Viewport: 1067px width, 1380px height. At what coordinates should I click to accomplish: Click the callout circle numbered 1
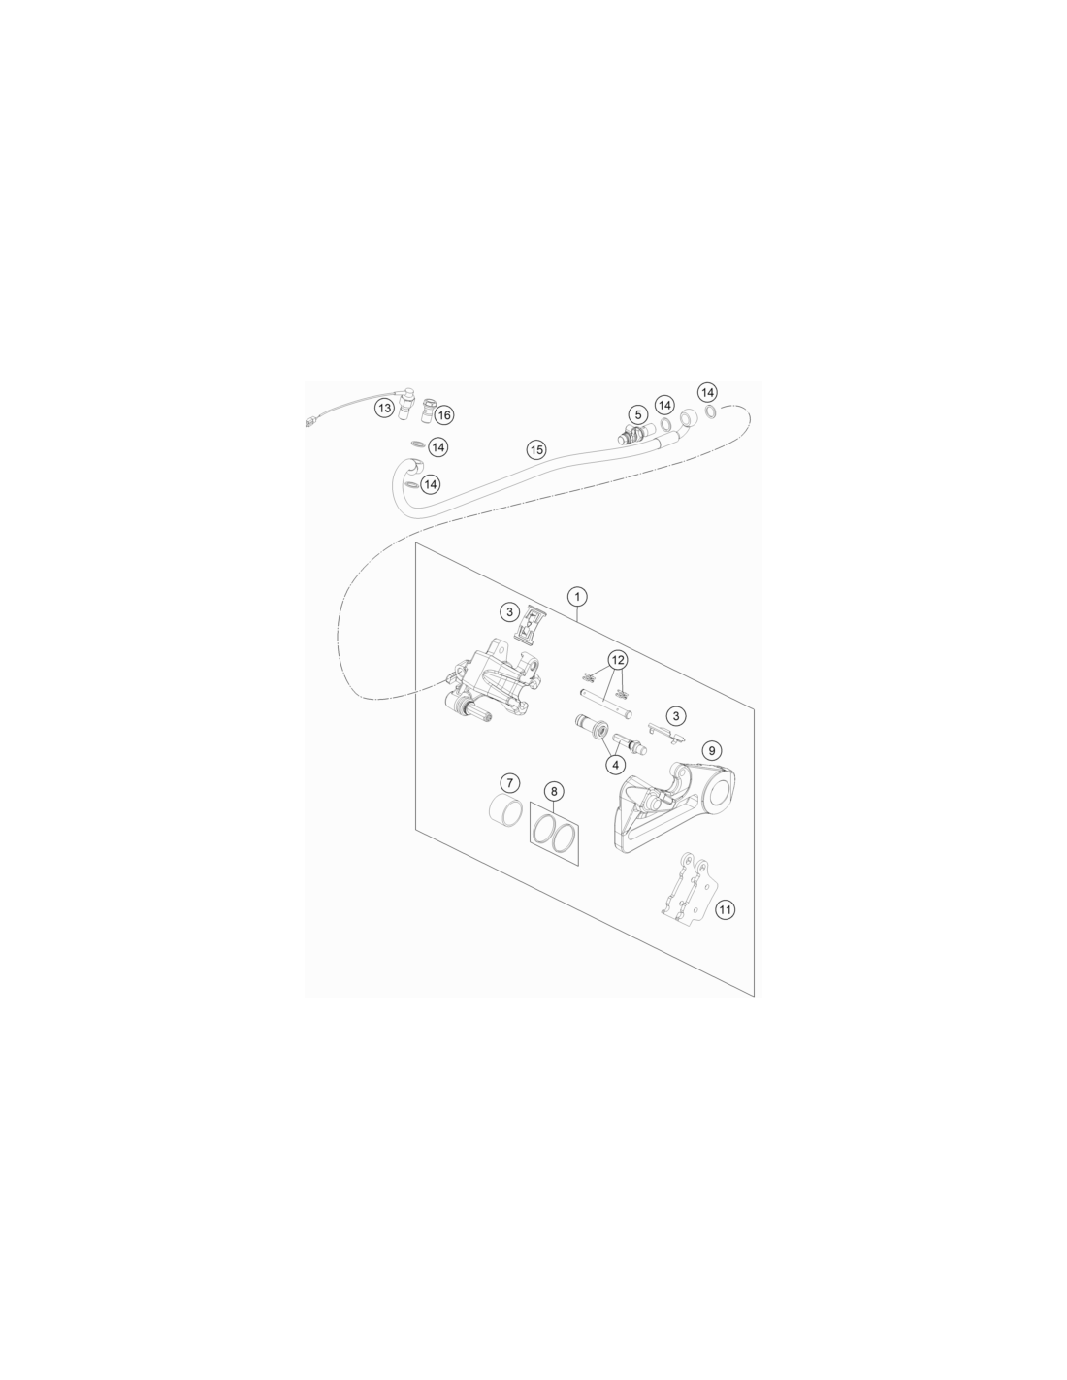tap(576, 596)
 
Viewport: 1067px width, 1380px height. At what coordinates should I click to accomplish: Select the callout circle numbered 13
tap(384, 408)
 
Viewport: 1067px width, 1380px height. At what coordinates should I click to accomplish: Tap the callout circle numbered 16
tap(443, 415)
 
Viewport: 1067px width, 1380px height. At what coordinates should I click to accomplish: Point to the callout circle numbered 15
tap(536, 450)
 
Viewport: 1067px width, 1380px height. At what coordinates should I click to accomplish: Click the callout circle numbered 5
tap(638, 415)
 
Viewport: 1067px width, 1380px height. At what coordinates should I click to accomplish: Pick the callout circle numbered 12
tap(618, 660)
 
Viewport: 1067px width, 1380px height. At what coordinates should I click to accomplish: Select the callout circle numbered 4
tap(615, 765)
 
